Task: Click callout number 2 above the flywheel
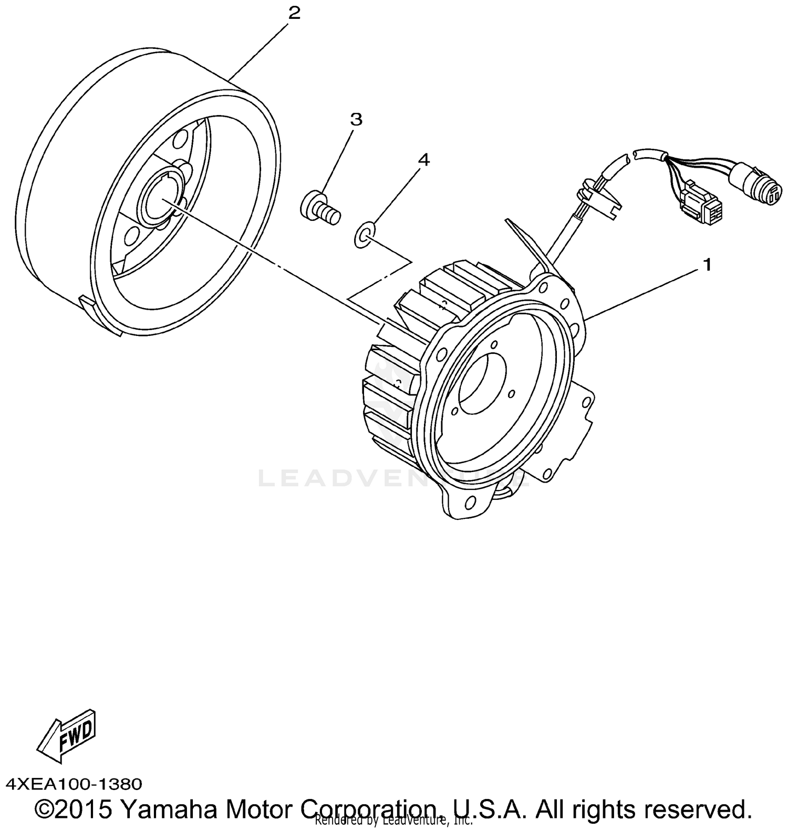(295, 13)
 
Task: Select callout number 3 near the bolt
(356, 119)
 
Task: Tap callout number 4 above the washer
(423, 160)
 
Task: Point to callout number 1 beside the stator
(707, 265)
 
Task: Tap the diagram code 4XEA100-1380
(74, 785)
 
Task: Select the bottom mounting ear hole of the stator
(468, 505)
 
